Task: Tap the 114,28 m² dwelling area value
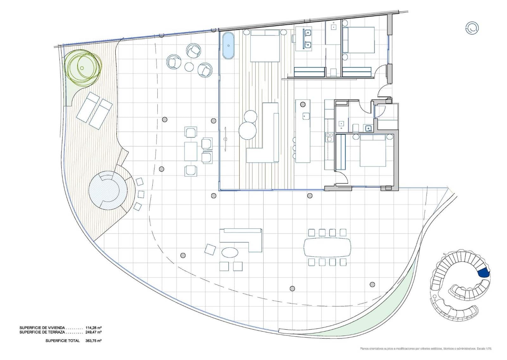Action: [93, 327]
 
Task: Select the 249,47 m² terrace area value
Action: [93, 332]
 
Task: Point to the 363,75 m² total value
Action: [93, 341]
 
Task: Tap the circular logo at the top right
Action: [472, 28]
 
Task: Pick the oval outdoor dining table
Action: [327, 247]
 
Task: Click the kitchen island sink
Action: [305, 116]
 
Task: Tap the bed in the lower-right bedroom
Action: [373, 150]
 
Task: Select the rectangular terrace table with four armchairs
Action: [191, 151]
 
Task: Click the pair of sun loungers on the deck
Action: [94, 110]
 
